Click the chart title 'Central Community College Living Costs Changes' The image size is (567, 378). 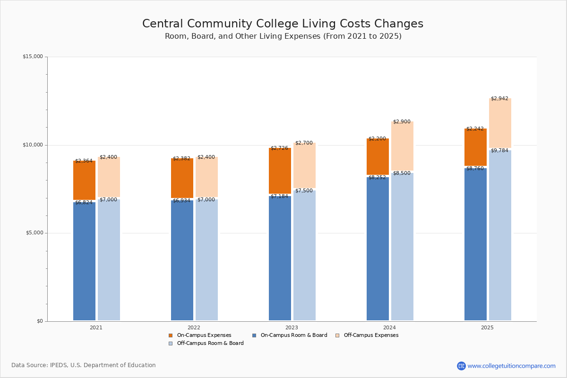[x=283, y=24]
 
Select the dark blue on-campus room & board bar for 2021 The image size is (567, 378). [x=84, y=262]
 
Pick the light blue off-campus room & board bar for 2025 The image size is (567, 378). [x=500, y=236]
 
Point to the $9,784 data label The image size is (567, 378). [x=499, y=151]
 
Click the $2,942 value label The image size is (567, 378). [x=499, y=99]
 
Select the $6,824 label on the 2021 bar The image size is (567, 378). [x=84, y=202]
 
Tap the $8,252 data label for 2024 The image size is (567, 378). [x=377, y=178]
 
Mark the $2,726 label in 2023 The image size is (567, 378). [x=279, y=148]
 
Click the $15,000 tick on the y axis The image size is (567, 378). [x=33, y=57]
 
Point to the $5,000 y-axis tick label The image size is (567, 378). [x=34, y=233]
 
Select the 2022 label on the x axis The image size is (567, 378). [x=194, y=327]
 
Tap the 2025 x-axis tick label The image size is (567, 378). [x=487, y=327]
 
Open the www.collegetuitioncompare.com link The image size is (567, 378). [x=511, y=366]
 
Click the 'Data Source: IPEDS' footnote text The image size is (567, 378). [x=84, y=365]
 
